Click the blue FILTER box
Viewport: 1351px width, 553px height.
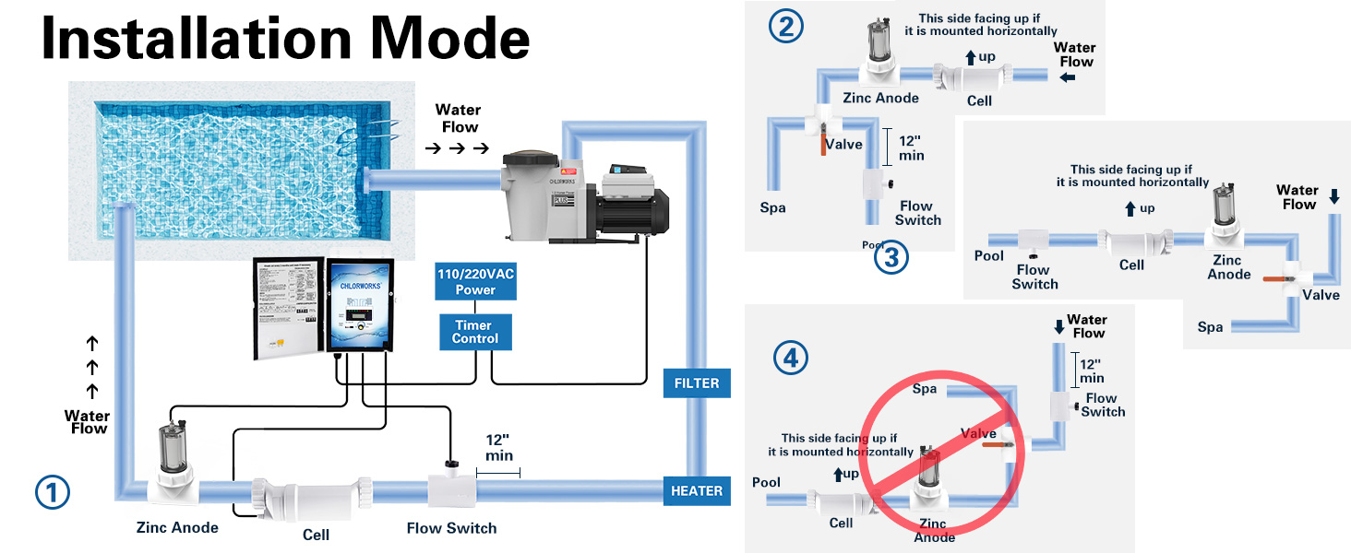coord(697,382)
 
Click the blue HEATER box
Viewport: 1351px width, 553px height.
coord(697,490)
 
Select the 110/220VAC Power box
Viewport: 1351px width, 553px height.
coord(475,282)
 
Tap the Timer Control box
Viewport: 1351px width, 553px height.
coord(475,332)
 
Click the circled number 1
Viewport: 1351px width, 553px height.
coord(53,493)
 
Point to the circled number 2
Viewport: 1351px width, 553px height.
coord(785,28)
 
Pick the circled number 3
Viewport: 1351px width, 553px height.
coord(891,258)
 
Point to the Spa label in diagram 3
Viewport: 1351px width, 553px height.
coord(1210,327)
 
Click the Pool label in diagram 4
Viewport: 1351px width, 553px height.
coord(766,482)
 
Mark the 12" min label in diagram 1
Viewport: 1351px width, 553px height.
coord(499,449)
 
